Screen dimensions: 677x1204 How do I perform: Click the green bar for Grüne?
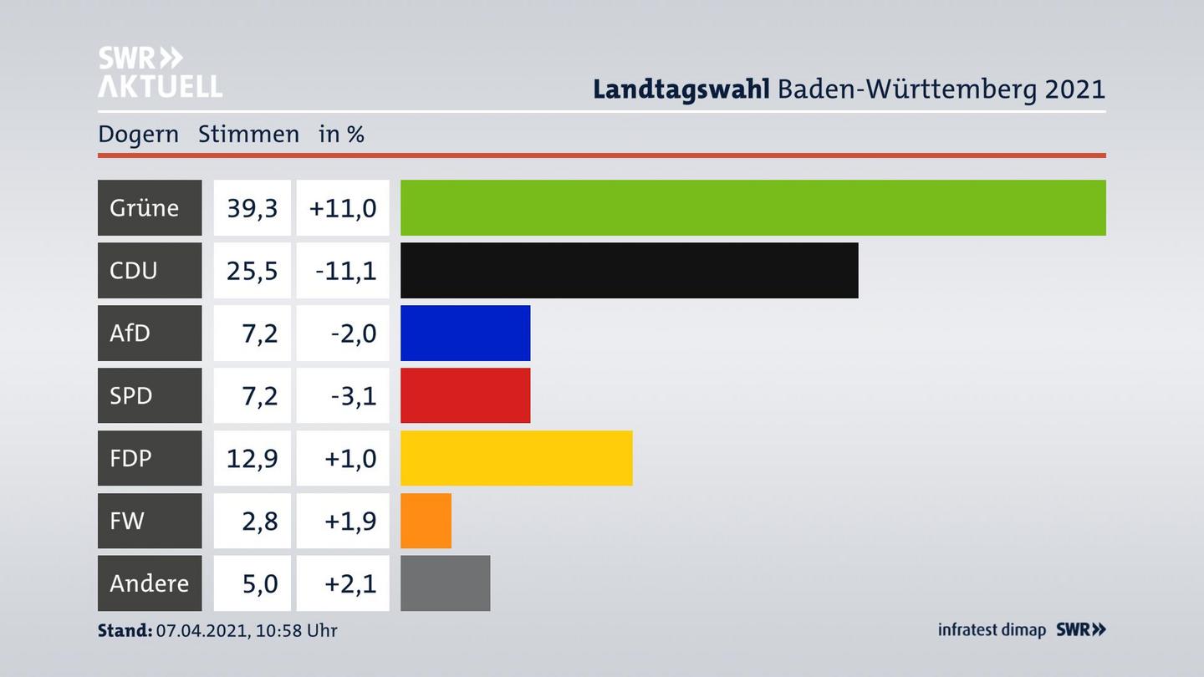[x=752, y=207]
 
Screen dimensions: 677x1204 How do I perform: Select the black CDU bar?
[x=629, y=270]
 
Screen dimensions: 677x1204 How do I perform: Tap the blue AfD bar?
[x=465, y=333]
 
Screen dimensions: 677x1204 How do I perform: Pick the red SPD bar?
[x=465, y=395]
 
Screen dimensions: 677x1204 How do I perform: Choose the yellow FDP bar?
[x=516, y=458]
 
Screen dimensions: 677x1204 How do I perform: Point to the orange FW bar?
[x=426, y=521]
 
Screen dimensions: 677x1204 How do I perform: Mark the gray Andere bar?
[x=445, y=583]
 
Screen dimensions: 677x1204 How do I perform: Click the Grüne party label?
[x=145, y=207]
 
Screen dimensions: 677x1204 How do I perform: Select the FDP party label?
[x=131, y=458]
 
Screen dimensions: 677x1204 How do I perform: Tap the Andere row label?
[x=149, y=583]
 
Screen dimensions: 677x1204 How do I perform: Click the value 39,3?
[x=252, y=207]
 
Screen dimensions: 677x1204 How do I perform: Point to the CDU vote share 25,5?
[x=252, y=270]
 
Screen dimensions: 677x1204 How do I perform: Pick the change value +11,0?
[x=343, y=207]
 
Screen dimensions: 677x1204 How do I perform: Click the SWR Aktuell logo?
[x=160, y=72]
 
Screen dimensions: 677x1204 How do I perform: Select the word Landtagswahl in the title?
[x=681, y=89]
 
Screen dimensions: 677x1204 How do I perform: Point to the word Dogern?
[x=138, y=134]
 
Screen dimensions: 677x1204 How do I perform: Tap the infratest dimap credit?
[x=992, y=629]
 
